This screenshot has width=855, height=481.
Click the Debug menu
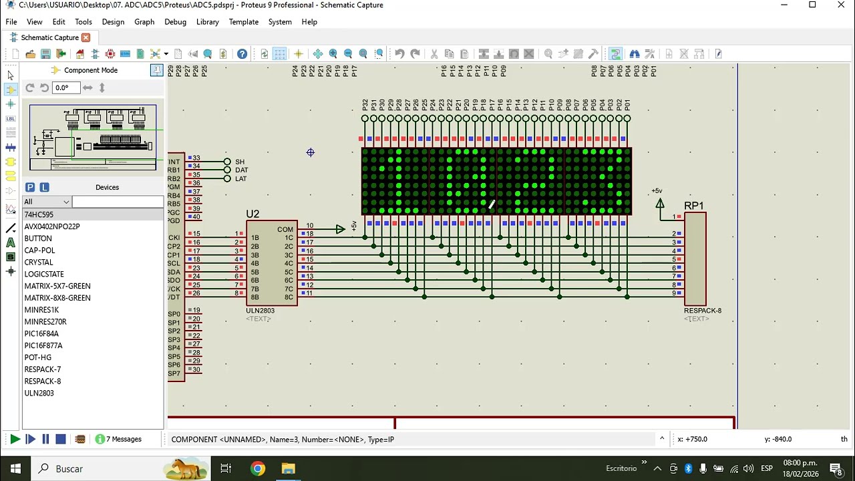click(x=175, y=21)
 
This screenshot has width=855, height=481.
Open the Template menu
click(x=243, y=21)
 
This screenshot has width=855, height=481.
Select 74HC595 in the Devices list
click(x=39, y=214)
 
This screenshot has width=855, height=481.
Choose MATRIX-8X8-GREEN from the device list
click(x=57, y=298)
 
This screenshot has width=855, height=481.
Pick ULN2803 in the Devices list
click(x=39, y=393)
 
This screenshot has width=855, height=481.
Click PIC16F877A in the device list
click(x=43, y=345)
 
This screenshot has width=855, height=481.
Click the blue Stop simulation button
click(x=61, y=439)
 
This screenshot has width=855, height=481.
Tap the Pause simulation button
click(x=45, y=439)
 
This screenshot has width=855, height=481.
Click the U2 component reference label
click(x=252, y=214)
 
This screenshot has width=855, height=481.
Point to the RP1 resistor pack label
click(x=693, y=206)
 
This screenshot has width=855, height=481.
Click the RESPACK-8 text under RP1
click(x=702, y=311)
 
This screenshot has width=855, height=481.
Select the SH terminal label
click(x=240, y=162)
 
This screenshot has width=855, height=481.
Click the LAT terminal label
click(x=240, y=178)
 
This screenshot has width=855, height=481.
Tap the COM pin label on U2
click(x=285, y=229)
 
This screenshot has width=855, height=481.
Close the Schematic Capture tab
click(x=85, y=37)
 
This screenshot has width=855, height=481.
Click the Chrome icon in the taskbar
click(x=257, y=468)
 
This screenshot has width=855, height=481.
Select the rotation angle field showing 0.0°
click(x=65, y=88)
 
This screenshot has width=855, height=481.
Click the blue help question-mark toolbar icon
click(x=242, y=53)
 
